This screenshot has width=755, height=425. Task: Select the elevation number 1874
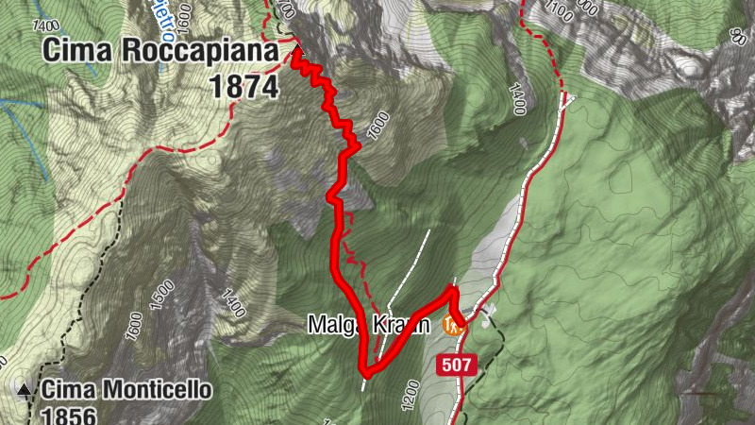pyautogui.click(x=244, y=86)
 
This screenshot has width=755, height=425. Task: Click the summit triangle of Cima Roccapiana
pyautogui.click(x=295, y=48)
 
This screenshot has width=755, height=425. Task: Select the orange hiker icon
pyautogui.click(x=451, y=327)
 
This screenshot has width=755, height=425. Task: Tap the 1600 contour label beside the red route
pyautogui.click(x=377, y=125)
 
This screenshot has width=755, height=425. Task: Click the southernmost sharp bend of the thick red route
pyautogui.click(x=366, y=372)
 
